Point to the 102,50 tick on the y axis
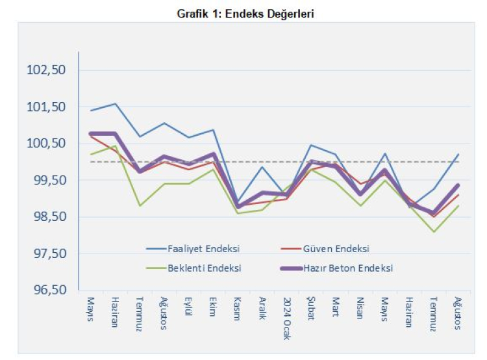[x=45, y=70]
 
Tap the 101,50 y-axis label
[x=45, y=107]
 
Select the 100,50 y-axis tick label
[x=45, y=143]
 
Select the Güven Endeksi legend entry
[x=336, y=248]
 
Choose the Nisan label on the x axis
[x=360, y=309]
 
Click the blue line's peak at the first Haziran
[x=115, y=104]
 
